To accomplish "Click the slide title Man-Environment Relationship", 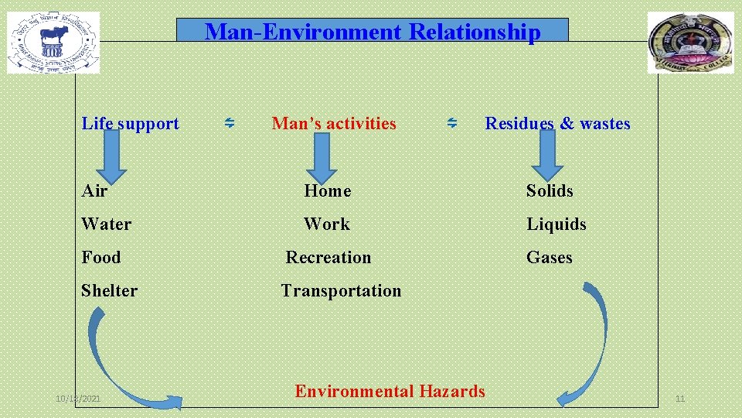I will pyautogui.click(x=372, y=32).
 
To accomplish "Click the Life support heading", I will pyautogui.click(x=130, y=124).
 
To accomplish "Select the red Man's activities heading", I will pyautogui.click(x=334, y=124).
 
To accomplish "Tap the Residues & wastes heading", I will pyautogui.click(x=557, y=124).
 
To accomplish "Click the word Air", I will pyautogui.click(x=94, y=190).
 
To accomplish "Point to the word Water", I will pyautogui.click(x=106, y=224).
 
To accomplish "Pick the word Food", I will pyautogui.click(x=101, y=257).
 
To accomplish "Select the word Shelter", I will pyautogui.click(x=109, y=290).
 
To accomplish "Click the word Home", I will pyautogui.click(x=327, y=190).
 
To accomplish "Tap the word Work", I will pyautogui.click(x=327, y=224).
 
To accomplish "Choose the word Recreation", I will pyautogui.click(x=328, y=257).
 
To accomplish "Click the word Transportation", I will pyautogui.click(x=341, y=290).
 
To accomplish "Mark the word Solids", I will pyautogui.click(x=550, y=190).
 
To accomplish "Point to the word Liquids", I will pyautogui.click(x=556, y=224).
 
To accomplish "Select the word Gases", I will pyautogui.click(x=550, y=257).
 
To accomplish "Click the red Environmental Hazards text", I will pyautogui.click(x=390, y=391).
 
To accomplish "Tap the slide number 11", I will pyautogui.click(x=680, y=399).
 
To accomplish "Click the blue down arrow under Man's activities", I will pyautogui.click(x=322, y=159).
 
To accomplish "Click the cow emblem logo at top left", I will pyautogui.click(x=53, y=43).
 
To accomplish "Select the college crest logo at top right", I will pyautogui.click(x=691, y=43).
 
